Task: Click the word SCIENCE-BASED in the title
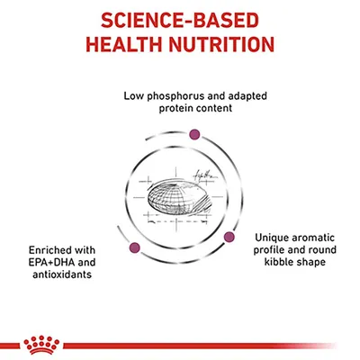coord(180,19)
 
